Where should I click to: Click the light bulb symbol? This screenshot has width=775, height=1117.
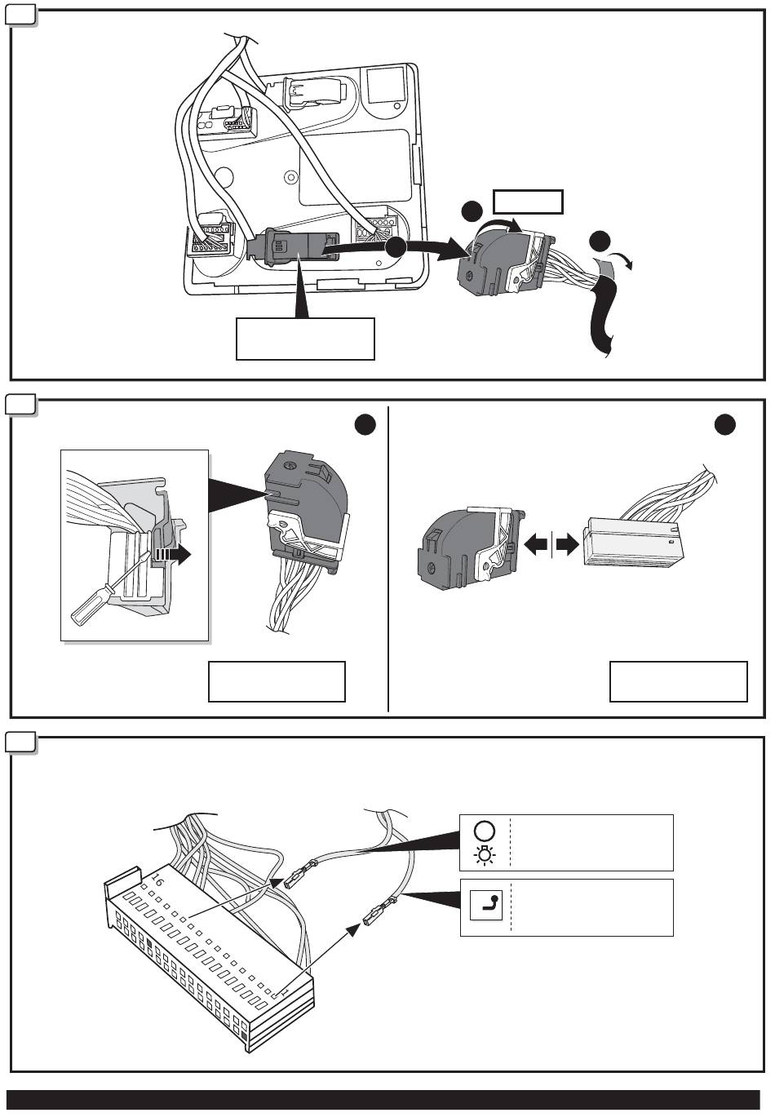click(x=484, y=855)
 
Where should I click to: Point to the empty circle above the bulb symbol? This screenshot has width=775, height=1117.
click(x=484, y=831)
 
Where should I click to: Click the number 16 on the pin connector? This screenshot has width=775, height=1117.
click(x=157, y=882)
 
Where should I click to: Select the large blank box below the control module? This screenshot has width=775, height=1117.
click(x=305, y=339)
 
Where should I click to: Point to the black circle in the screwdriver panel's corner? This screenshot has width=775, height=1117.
click(x=365, y=424)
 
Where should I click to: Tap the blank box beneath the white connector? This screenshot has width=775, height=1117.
click(x=678, y=681)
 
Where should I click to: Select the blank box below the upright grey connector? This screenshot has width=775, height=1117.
click(x=277, y=681)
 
